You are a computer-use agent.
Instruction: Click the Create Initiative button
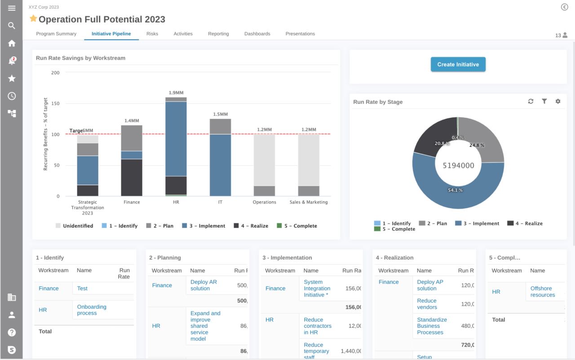point(458,64)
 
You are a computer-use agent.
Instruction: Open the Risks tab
point(152,34)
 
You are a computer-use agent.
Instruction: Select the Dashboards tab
point(257,34)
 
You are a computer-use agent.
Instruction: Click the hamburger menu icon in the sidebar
point(12,8)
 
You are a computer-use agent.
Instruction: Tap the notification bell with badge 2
point(12,61)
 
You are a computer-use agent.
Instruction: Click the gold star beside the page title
point(33,18)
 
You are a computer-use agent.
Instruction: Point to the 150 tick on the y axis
point(55,104)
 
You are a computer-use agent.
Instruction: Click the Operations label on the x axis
point(264,202)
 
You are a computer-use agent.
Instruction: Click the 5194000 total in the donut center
point(458,165)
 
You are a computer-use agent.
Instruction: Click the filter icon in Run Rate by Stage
point(544,101)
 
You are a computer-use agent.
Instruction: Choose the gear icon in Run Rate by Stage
point(558,101)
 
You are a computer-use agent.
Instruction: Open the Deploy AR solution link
point(203,285)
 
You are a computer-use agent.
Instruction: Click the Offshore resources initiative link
point(542,292)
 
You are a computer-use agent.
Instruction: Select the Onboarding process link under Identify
point(92,310)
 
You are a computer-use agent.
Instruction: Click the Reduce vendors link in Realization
point(427,304)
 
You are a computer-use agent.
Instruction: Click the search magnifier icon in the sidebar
point(12,26)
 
